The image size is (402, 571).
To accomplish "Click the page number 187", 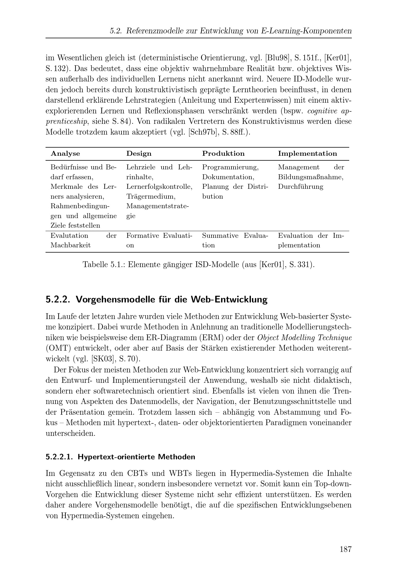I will (x=346, y=549).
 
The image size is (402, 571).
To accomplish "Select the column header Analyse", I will (x=65, y=153).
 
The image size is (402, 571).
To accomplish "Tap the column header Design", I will (x=139, y=153).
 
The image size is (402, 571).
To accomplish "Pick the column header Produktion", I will (x=223, y=153).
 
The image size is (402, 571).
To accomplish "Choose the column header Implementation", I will (x=307, y=153).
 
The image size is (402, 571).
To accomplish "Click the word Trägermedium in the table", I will (x=151, y=197).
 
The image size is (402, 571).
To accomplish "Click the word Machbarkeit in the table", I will (x=70, y=245).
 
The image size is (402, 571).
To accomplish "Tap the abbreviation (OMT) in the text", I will (x=58, y=348).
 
